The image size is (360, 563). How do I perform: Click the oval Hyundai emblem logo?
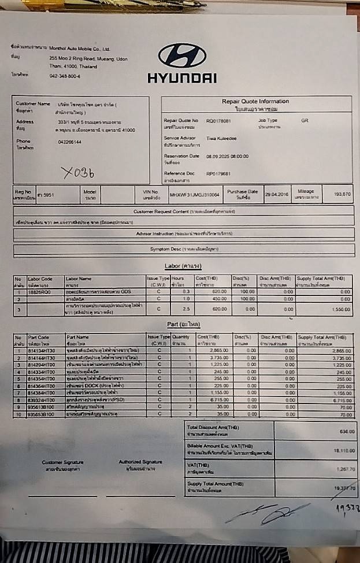[x=181, y=55]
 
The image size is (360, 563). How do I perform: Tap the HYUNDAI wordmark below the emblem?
[x=181, y=77]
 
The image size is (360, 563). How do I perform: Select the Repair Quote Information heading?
[x=255, y=102]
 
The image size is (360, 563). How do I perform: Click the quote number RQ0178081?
[x=218, y=121]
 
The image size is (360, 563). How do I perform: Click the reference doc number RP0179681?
[x=218, y=173]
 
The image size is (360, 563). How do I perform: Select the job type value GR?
[x=305, y=120]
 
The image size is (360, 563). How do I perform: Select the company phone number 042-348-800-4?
[x=65, y=76]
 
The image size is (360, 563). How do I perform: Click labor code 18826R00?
[x=39, y=292]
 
